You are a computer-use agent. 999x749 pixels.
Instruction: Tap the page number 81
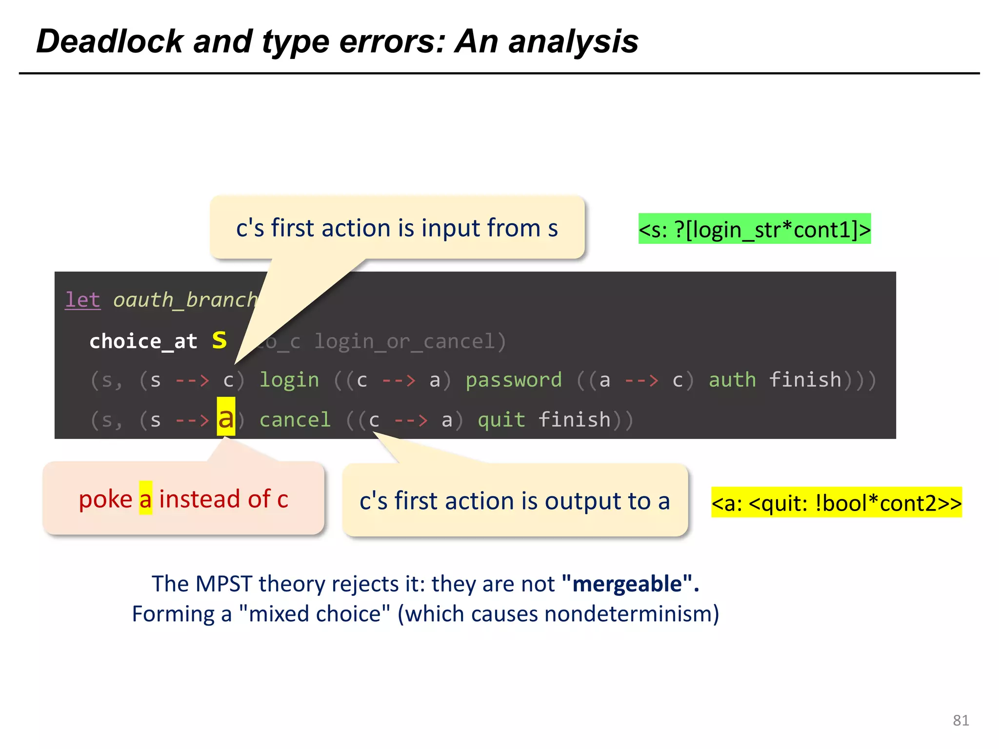[x=960, y=720]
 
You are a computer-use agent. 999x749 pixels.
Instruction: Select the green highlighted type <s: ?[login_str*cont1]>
[x=754, y=229]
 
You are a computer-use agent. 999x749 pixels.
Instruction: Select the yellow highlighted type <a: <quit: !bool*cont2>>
[x=836, y=503]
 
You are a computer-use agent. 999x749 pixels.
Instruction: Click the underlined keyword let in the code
[x=83, y=299]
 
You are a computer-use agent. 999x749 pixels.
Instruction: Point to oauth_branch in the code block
[x=185, y=299]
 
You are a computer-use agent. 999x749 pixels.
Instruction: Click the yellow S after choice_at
[x=220, y=340]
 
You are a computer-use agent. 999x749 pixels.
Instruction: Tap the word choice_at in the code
[x=143, y=341]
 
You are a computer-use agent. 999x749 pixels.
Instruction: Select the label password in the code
[x=514, y=380]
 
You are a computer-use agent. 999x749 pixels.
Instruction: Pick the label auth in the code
[x=732, y=380]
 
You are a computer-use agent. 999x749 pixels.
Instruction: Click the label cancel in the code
[x=295, y=420]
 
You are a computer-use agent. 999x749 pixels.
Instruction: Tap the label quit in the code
[x=501, y=420]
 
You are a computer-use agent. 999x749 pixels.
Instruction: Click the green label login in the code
[x=289, y=380]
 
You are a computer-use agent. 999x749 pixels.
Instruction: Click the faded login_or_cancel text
[x=410, y=341]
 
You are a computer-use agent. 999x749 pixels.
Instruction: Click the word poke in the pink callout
[x=105, y=499]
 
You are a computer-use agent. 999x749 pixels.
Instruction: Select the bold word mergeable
[x=627, y=584]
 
